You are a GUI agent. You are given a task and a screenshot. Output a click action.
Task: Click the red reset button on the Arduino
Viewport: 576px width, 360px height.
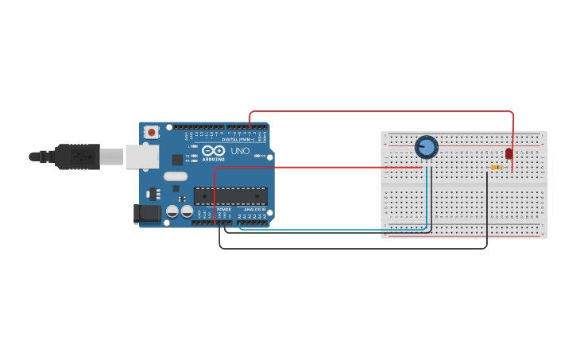(x=151, y=132)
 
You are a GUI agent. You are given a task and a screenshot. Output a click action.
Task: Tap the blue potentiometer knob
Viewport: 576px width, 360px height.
(x=427, y=147)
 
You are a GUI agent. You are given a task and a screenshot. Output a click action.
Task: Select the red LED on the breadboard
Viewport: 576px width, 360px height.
(x=509, y=153)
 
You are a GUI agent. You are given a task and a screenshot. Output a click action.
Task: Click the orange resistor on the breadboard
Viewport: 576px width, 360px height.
(x=497, y=168)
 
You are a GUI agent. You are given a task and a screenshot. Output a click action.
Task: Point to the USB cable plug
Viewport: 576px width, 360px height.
(x=77, y=157)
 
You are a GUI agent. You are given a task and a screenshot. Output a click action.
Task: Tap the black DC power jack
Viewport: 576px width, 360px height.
(x=147, y=213)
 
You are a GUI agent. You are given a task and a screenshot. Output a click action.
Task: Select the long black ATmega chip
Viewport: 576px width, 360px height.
(x=230, y=196)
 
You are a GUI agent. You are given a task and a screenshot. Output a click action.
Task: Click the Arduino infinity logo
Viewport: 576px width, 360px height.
(x=213, y=151)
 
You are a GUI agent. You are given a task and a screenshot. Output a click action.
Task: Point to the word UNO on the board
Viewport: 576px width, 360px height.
(x=240, y=151)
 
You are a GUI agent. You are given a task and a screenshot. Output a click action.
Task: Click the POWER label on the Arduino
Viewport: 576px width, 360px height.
(x=224, y=210)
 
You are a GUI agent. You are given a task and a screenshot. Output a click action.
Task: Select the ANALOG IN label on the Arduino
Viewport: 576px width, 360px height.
(x=254, y=210)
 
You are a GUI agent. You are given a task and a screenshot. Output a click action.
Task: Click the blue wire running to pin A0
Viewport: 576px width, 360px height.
(x=334, y=230)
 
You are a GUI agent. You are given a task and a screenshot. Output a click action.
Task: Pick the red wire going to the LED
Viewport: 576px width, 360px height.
(x=381, y=112)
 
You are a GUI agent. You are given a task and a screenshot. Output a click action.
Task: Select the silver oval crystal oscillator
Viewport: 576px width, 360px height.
(x=176, y=176)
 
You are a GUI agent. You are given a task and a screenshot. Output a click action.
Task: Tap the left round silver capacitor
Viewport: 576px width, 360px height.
(x=172, y=211)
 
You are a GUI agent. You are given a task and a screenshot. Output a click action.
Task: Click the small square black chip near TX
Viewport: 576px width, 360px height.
(x=176, y=160)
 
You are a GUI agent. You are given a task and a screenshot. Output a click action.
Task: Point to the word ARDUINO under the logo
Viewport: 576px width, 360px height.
(x=213, y=159)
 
